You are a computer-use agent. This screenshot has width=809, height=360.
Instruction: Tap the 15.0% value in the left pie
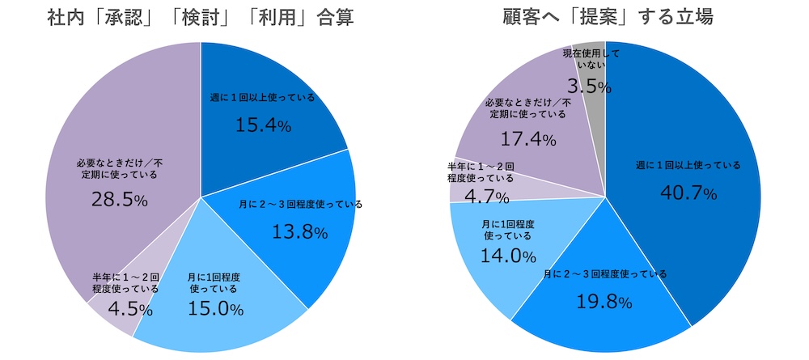[x=214, y=308]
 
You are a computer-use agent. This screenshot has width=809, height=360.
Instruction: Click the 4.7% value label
[x=481, y=197]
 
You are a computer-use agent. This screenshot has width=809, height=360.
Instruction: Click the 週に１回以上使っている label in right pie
[x=688, y=165]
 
